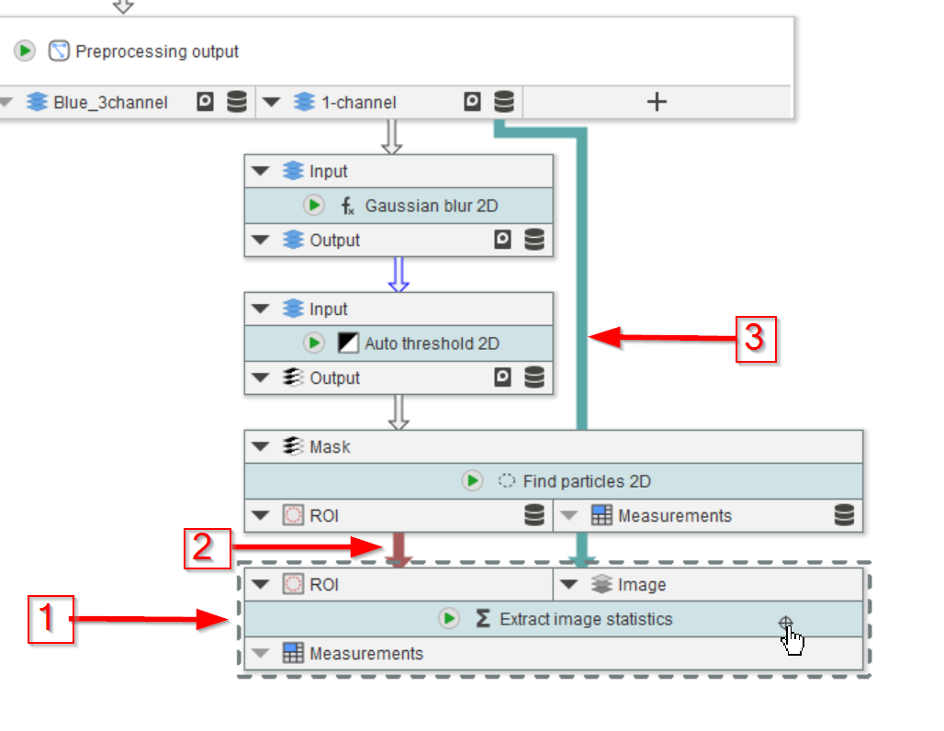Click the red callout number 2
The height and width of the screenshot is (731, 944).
tap(207, 548)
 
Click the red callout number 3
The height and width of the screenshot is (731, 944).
tap(754, 339)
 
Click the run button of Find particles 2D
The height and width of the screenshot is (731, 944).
tap(472, 481)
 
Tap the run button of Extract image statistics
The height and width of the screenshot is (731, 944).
tap(448, 619)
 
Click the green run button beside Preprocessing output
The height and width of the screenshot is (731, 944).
tap(25, 51)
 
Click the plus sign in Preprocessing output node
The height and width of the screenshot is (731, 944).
tap(657, 102)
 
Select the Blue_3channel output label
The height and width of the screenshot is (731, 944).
tap(110, 103)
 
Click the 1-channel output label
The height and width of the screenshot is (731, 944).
tap(358, 103)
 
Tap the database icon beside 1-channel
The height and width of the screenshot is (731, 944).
tap(504, 102)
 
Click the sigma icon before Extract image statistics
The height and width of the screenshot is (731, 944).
tap(483, 619)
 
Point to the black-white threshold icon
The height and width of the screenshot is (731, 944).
tap(348, 343)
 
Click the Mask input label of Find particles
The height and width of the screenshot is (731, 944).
tap(330, 447)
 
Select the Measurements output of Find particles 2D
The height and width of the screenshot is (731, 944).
tap(674, 516)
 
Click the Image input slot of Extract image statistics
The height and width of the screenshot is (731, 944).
tap(642, 585)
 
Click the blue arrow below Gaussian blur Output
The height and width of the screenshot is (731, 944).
tap(398, 275)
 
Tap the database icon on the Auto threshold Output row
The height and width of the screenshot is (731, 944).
tap(534, 377)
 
